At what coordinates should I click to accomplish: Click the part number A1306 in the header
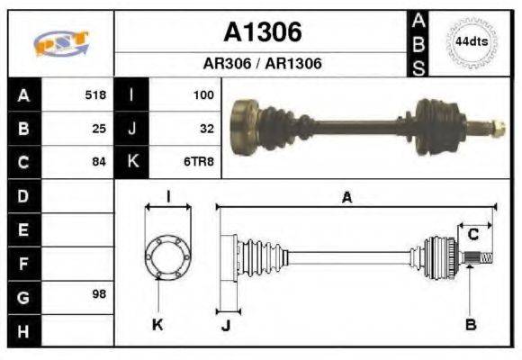(262, 32)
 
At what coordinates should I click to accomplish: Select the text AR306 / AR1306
(262, 64)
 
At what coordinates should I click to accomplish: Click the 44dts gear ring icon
(471, 42)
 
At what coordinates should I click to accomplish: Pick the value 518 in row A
(94, 94)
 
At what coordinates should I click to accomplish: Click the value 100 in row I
(203, 94)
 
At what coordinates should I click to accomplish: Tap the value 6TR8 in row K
(201, 162)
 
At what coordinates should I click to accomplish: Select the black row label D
(22, 195)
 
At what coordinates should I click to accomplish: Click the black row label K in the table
(131, 162)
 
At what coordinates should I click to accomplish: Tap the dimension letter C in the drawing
(472, 235)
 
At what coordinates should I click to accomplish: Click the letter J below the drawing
(226, 326)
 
